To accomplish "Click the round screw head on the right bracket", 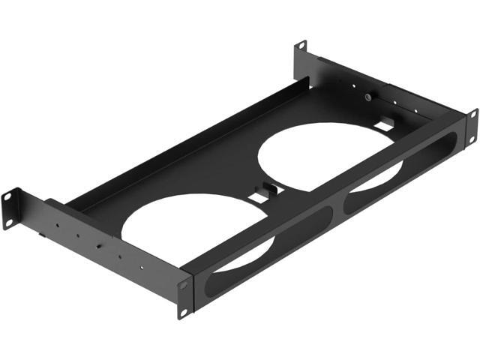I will (x=369, y=97).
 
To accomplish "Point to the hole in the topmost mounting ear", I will (x=301, y=47).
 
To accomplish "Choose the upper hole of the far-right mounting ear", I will (x=472, y=114).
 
